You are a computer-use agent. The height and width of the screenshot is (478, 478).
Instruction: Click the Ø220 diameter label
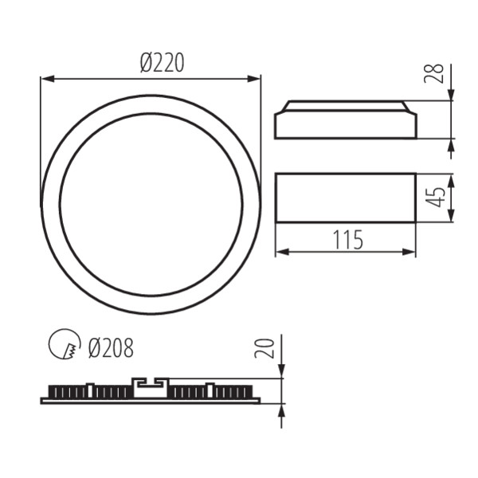click(x=162, y=63)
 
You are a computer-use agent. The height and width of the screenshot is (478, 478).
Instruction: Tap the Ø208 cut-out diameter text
click(x=111, y=348)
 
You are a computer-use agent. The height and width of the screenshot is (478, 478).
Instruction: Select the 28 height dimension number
click(x=434, y=73)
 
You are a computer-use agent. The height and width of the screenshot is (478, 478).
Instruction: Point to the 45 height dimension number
click(x=434, y=198)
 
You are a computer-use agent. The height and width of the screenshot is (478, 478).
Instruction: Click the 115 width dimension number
click(x=345, y=239)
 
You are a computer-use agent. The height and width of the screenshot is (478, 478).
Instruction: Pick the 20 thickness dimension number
click(x=266, y=347)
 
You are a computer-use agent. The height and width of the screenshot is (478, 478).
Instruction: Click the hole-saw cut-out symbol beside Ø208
click(x=64, y=345)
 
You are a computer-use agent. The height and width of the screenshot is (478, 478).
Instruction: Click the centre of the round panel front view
click(x=151, y=204)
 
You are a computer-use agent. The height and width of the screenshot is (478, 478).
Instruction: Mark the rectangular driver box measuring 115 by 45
click(x=345, y=198)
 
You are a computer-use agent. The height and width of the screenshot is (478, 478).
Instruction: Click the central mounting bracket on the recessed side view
click(x=151, y=387)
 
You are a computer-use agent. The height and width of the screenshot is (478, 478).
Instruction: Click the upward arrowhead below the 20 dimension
click(x=282, y=409)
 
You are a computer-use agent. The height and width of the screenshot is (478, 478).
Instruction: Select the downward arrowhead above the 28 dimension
click(x=451, y=95)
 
